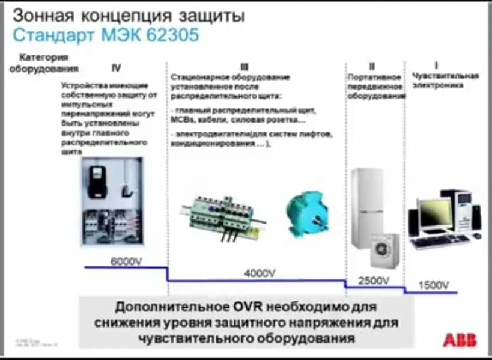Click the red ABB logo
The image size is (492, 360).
coord(460,340)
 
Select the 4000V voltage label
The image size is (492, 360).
coord(260,273)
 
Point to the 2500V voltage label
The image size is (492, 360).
coord(374,280)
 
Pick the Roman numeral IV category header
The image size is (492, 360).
coord(117,67)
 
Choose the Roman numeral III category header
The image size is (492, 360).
coord(244,67)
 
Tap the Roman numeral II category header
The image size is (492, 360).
coord(372,66)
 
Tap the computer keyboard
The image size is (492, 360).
coord(439,242)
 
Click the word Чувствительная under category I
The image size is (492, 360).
coord(446,75)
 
